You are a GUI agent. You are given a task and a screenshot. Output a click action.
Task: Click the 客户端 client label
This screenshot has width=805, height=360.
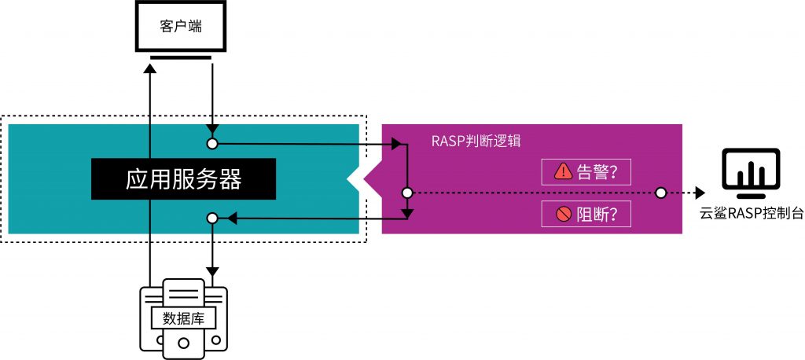[x=180, y=27]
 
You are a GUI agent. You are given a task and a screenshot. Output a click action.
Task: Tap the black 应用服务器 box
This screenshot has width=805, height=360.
[x=183, y=178]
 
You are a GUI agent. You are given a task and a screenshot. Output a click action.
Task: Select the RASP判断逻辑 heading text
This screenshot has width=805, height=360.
[x=476, y=141]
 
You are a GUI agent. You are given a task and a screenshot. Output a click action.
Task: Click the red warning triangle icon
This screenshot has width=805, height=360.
[x=563, y=171]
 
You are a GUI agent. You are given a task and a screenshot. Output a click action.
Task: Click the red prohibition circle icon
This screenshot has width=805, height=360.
[x=564, y=214]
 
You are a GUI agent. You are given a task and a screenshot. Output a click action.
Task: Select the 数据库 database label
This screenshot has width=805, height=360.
[x=183, y=319]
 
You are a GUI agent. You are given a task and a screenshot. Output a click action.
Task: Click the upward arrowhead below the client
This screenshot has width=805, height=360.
[x=149, y=68]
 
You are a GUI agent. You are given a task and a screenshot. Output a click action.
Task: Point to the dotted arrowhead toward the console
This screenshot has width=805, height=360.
[x=700, y=193]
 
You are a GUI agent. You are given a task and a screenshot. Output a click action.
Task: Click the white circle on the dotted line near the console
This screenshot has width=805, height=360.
[x=660, y=193]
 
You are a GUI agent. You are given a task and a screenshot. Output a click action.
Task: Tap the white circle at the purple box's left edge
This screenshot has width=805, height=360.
[x=406, y=193]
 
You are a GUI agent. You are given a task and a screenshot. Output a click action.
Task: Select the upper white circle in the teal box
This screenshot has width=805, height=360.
[x=212, y=144]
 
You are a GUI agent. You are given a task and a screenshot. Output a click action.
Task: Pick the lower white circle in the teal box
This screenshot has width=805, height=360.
[x=212, y=219]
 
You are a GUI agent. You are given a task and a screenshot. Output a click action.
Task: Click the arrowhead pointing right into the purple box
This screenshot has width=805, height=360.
[x=396, y=144]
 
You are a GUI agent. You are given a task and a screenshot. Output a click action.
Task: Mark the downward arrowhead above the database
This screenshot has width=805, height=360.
[x=212, y=271]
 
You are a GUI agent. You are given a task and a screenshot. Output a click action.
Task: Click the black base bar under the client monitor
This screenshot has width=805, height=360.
[x=180, y=57]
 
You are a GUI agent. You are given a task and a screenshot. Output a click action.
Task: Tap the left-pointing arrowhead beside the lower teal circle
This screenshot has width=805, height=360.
[x=232, y=219]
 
